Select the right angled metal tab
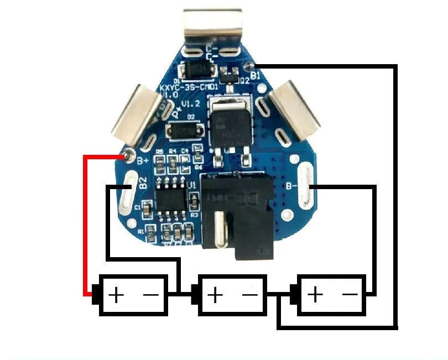[x=293, y=110]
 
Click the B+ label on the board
[x=142, y=161]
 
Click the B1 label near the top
[x=255, y=74]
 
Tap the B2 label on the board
[x=143, y=184]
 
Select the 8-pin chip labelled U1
[x=171, y=197]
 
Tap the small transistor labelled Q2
[x=231, y=72]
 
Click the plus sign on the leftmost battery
[x=116, y=295]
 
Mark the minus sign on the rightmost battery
[x=350, y=295]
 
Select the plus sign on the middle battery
[x=215, y=295]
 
